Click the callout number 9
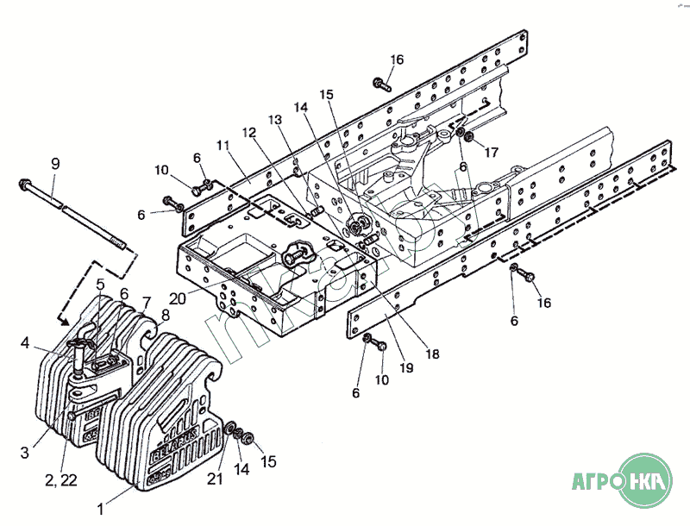[55, 163]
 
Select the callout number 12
[249, 134]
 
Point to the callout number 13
[274, 121]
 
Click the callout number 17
[491, 153]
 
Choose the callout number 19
[405, 366]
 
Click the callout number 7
[146, 302]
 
